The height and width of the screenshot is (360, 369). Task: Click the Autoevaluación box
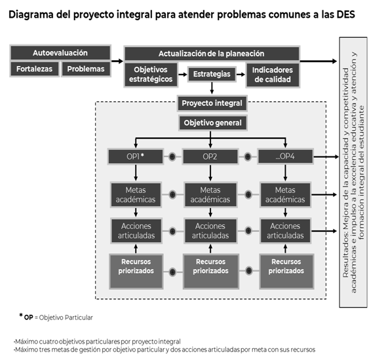coord(60,52)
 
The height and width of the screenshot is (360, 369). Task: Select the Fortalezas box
coord(34,69)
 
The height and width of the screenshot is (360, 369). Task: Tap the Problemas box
coord(86,69)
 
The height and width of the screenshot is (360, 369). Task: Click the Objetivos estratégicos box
coord(151,75)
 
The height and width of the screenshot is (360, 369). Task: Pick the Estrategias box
coord(212,74)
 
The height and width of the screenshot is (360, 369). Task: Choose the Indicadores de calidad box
coord(273,75)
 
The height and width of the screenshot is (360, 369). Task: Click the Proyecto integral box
coord(212,103)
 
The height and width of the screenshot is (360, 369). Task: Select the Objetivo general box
coord(213,122)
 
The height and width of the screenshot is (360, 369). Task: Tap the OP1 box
coord(136,156)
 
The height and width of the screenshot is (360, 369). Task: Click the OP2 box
coord(210,156)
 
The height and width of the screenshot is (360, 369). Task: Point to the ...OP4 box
coord(286,156)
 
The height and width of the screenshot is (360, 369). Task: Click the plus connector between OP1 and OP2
coord(172,156)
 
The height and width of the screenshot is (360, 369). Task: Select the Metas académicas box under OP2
coord(210,194)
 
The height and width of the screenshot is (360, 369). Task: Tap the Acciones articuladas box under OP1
coord(136,231)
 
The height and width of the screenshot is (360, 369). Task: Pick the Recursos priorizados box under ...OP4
coord(286,271)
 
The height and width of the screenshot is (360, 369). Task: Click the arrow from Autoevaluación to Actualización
coord(117,61)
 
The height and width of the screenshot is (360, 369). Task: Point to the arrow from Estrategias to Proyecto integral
coord(212,88)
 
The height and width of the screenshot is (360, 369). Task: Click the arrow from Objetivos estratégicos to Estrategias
coord(183,75)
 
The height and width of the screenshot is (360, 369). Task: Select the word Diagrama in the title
coord(31,15)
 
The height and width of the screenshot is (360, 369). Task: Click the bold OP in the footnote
coord(28,317)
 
